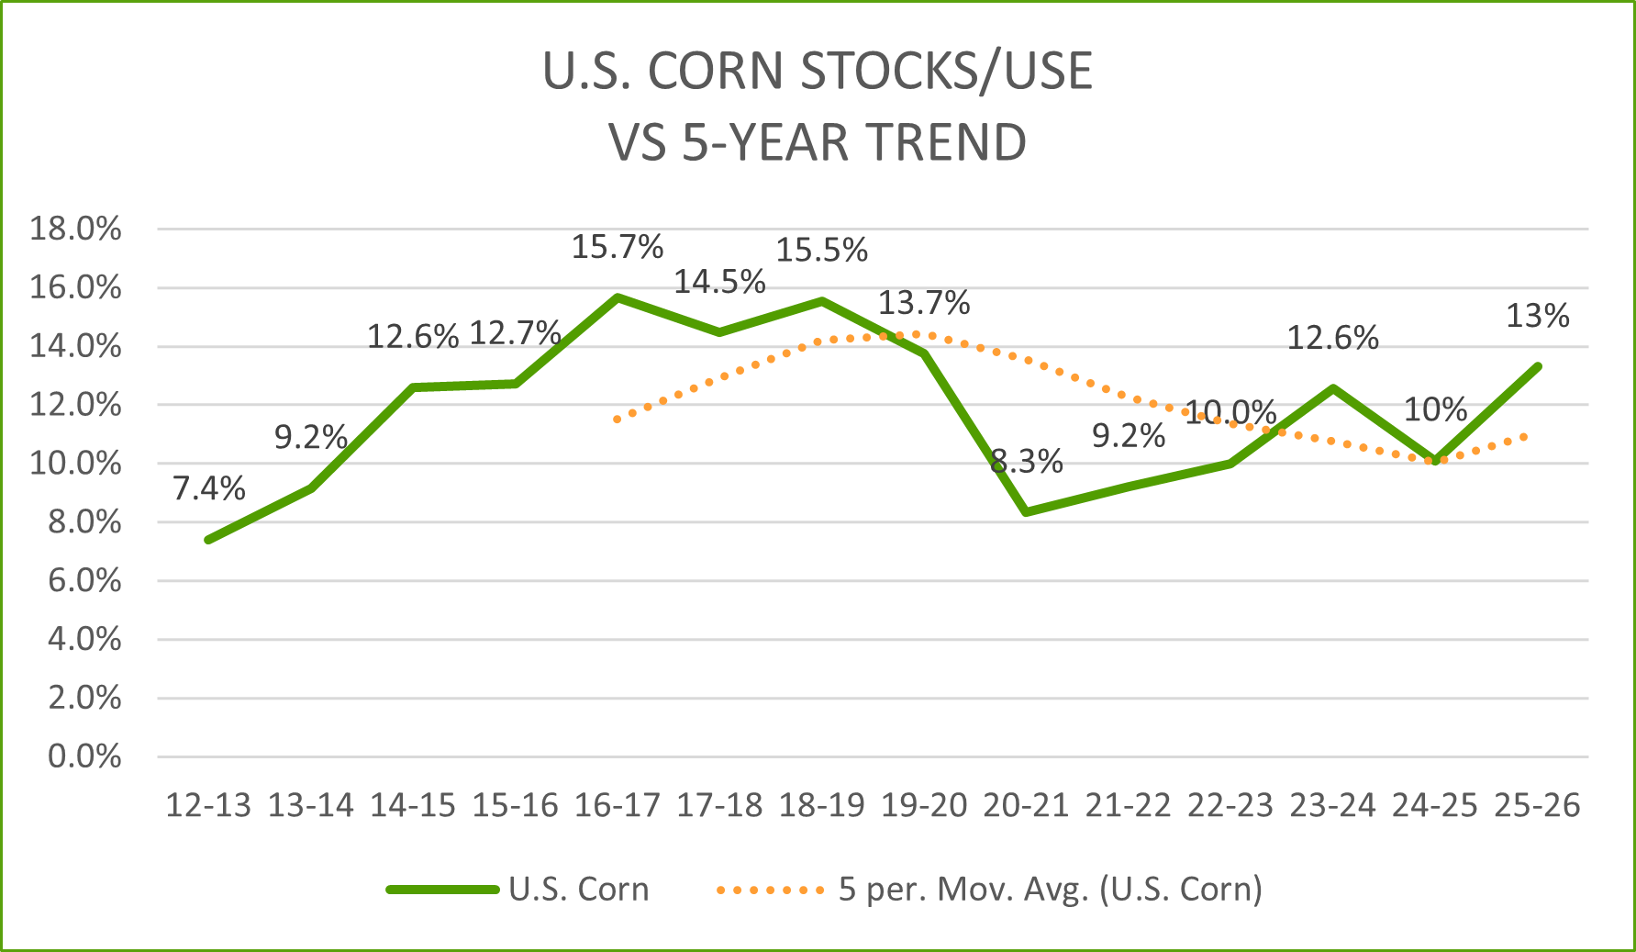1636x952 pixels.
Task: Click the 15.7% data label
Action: tap(617, 247)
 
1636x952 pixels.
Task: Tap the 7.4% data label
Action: tap(208, 488)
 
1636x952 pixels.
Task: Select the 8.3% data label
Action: tap(1026, 461)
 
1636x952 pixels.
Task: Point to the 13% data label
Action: tap(1538, 316)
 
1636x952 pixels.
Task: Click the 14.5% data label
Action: tap(719, 282)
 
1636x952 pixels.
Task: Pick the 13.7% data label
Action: tap(924, 302)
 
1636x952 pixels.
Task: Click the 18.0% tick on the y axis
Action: tap(75, 229)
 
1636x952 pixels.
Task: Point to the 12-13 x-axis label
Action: tap(208, 805)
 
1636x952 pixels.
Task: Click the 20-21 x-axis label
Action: tap(1026, 805)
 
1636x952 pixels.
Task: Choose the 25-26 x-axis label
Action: tap(1537, 805)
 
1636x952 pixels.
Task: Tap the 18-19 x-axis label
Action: tap(821, 805)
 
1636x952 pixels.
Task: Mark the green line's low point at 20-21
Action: tap(1026, 511)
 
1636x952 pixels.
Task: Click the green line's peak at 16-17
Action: tap(618, 297)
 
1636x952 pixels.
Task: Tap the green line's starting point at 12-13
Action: tap(209, 539)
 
